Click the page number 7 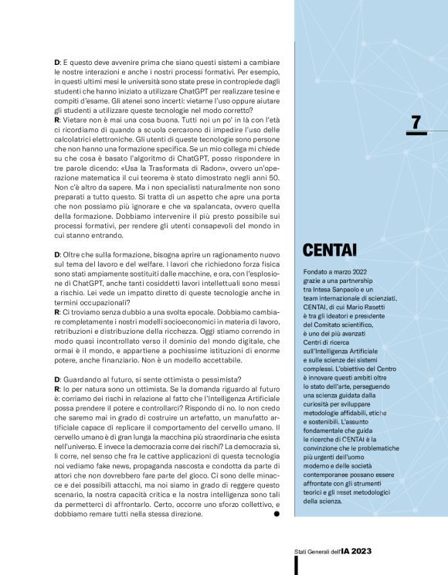pos(416,121)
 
